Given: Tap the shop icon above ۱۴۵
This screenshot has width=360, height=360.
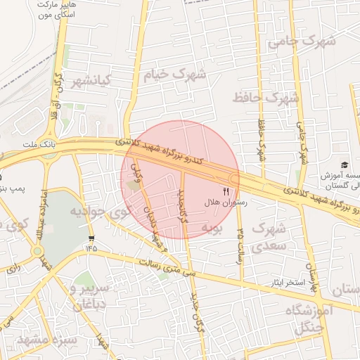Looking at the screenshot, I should point(91,237).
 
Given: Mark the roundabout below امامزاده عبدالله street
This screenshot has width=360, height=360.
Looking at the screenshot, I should point(37,251).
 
